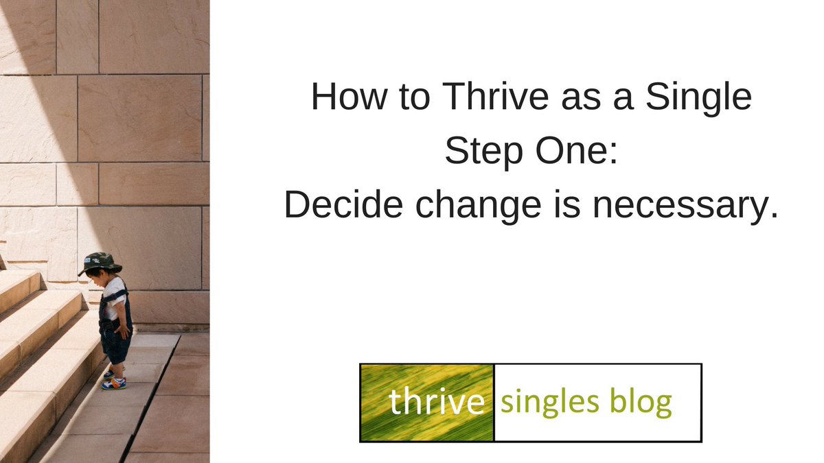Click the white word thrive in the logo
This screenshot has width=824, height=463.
pos(437,403)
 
